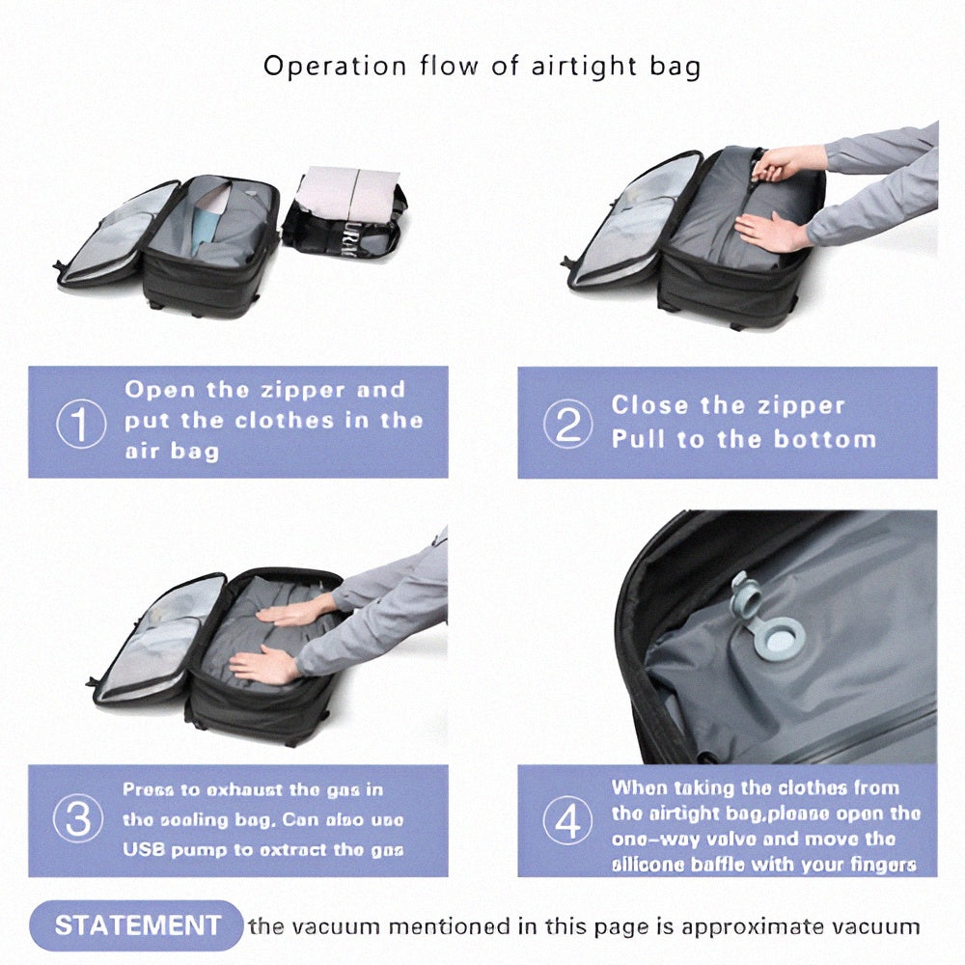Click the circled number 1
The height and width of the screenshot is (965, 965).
80,425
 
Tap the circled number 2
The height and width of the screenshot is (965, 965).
566,425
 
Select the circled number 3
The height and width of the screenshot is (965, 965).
80,820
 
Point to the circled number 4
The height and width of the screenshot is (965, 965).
566,821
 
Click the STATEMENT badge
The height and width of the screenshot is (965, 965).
137,926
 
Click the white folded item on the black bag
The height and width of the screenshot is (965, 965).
347,196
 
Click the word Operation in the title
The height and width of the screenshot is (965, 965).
323,67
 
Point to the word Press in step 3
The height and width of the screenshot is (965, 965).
151,789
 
